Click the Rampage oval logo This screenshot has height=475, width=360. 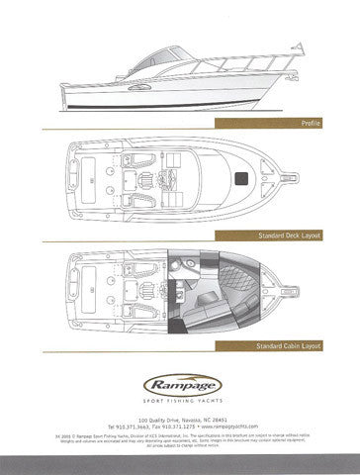point(180,378)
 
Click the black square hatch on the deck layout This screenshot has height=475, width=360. point(240,178)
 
